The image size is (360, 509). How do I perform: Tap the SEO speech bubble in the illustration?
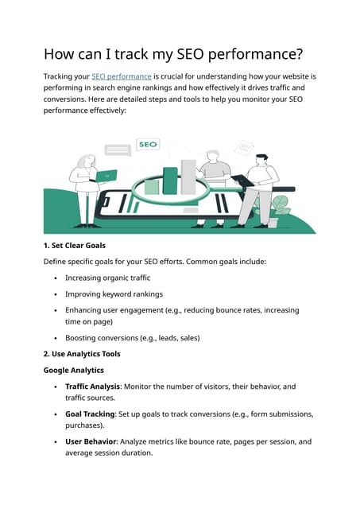(148, 145)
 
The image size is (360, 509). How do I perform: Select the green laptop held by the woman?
(105, 176)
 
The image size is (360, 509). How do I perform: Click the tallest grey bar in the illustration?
(188, 177)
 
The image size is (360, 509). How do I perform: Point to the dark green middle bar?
(170, 181)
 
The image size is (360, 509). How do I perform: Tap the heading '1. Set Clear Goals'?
(74, 246)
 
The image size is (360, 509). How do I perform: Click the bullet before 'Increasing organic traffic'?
(55, 278)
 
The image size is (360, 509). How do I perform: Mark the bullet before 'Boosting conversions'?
(55, 338)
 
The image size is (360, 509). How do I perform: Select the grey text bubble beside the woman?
(118, 150)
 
